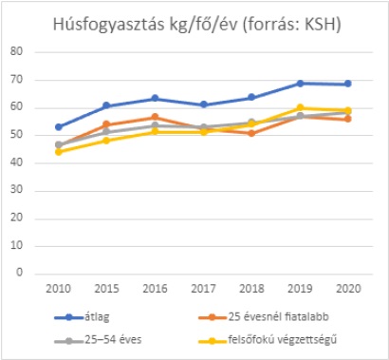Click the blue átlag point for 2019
pyautogui.click(x=301, y=84)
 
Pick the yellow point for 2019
pyautogui.click(x=301, y=107)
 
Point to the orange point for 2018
pyautogui.click(x=252, y=133)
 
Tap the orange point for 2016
pyautogui.click(x=155, y=117)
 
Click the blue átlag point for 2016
pyautogui.click(x=155, y=98)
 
